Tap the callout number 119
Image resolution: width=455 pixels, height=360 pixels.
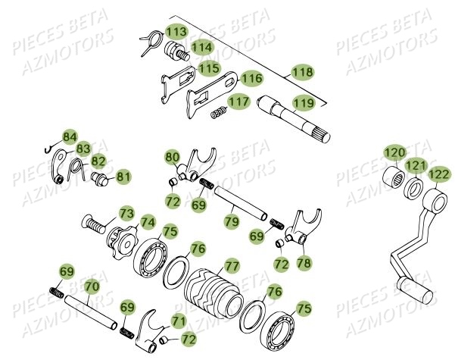[304, 102]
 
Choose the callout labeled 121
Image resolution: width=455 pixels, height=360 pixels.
[415, 165]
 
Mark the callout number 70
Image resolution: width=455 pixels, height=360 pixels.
[91, 287]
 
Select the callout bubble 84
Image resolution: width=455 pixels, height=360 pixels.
[70, 136]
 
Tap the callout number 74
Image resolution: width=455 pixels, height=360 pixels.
[147, 223]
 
